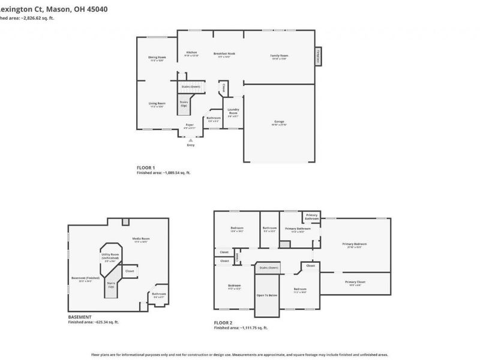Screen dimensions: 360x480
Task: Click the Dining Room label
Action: pyautogui.click(x=157, y=57)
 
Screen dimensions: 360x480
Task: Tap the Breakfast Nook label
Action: pyautogui.click(x=224, y=53)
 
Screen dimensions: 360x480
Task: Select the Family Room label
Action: pyautogui.click(x=280, y=55)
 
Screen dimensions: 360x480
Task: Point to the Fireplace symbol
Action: pyautogui.click(x=317, y=56)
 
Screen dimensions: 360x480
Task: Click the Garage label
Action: pyautogui.click(x=279, y=121)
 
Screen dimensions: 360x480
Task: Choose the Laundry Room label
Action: pyautogui.click(x=233, y=110)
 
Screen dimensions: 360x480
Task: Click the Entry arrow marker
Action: pyautogui.click(x=191, y=140)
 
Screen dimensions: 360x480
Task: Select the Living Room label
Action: pyautogui.click(x=157, y=103)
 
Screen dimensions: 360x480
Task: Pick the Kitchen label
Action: pyautogui.click(x=191, y=52)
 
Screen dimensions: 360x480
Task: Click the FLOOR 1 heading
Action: pyautogui.click(x=146, y=167)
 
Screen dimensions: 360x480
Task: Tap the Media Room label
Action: pyautogui.click(x=141, y=238)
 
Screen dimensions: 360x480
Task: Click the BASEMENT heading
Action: pyautogui.click(x=80, y=317)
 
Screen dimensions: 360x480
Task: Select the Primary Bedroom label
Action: pyautogui.click(x=354, y=244)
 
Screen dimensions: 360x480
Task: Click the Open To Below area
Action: pyautogui.click(x=267, y=295)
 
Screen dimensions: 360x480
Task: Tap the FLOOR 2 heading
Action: pyautogui.click(x=223, y=323)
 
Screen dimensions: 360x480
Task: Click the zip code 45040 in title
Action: pyautogui.click(x=96, y=9)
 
